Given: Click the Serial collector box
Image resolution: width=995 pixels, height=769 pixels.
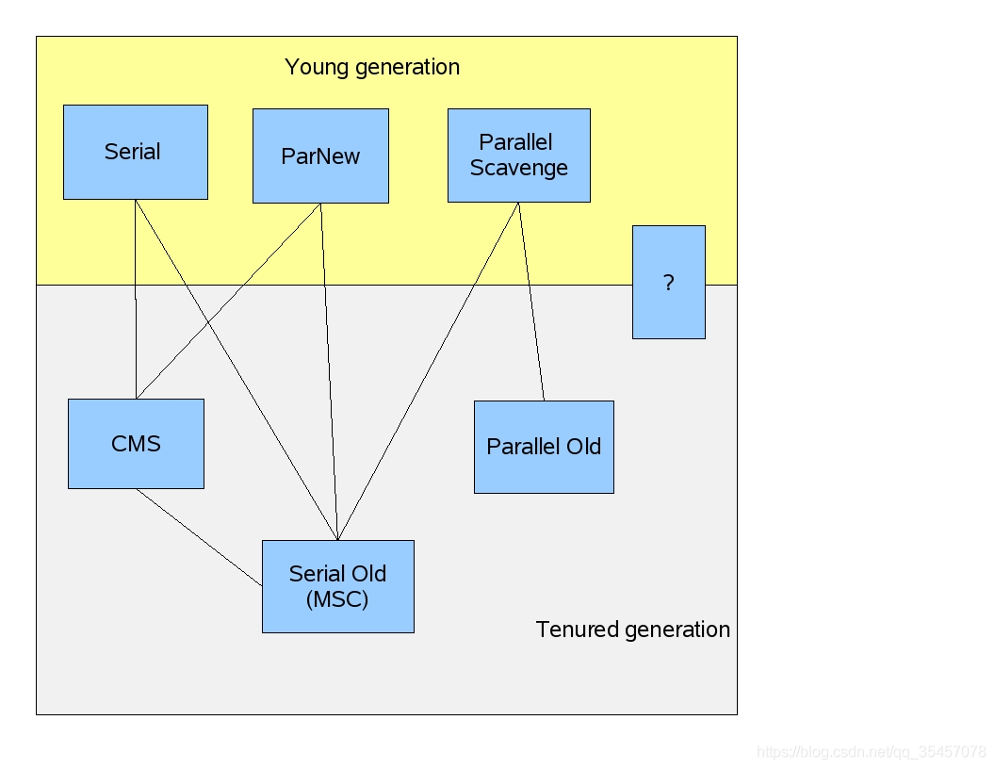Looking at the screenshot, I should point(135,152).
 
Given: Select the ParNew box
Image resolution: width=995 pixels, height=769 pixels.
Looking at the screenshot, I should point(320,155).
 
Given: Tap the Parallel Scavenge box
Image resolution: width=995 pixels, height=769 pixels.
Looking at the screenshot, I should point(518,155).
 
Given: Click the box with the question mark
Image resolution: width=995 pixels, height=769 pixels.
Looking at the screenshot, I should point(668,282).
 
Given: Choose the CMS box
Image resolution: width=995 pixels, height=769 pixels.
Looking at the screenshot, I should point(136,443).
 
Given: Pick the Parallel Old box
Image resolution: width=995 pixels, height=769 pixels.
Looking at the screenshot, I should point(544,447).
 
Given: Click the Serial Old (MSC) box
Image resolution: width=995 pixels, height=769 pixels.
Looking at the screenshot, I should point(337,585).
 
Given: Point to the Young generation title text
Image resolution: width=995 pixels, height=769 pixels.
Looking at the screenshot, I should point(372,68).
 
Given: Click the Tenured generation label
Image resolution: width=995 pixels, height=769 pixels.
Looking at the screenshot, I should point(632,630).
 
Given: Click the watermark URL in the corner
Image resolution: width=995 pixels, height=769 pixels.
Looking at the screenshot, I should point(871,752).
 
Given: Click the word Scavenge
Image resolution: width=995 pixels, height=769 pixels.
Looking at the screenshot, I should point(519,168).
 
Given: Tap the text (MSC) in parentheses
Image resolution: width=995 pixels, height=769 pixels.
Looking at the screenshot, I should point(337,599).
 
